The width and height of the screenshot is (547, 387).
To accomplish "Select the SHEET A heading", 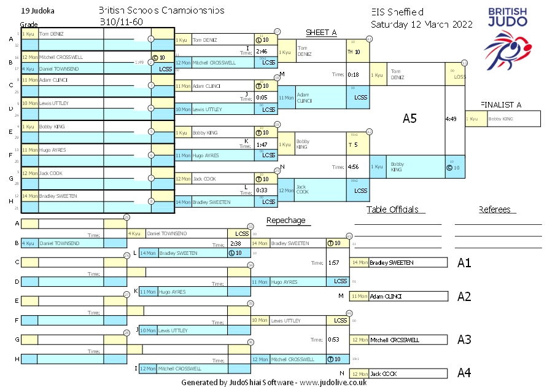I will point(321,33).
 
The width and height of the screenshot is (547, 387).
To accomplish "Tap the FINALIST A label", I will point(500,105).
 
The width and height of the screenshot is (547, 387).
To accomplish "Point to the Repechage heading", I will point(285,221).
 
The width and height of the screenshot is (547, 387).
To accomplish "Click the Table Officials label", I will point(392,209).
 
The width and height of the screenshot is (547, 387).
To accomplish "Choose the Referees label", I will point(495,209).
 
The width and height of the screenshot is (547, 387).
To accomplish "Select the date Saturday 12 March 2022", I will point(421,25).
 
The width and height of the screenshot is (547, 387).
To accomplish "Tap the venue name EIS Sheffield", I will point(397,12).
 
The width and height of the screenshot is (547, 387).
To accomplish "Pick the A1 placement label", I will point(464,263).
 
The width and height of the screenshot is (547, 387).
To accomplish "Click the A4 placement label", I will point(464,373).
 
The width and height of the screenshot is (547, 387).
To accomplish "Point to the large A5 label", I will point(409,119).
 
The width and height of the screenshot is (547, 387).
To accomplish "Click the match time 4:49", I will point(451,119).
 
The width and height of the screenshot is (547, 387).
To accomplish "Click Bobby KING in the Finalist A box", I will point(501,119).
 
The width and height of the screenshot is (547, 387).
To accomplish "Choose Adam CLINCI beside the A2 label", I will point(384,297).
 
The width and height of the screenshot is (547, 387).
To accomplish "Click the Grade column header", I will point(29,24).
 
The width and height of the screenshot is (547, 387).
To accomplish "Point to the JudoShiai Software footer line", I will point(274,382).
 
